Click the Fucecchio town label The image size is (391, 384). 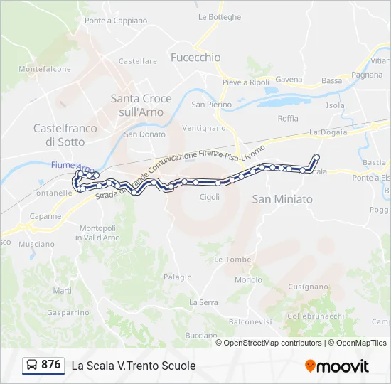pos(195,58)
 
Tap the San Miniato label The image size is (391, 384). pos(282,200)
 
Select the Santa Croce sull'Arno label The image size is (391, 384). pos(137,105)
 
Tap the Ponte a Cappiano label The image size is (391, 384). pos(116,21)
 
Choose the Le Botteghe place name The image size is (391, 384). pos(220,17)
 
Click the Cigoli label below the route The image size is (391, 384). pos(210,197)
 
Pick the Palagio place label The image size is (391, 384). pos(178,277)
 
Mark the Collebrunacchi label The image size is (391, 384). pos(316,315)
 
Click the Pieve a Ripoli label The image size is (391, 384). pos(245,82)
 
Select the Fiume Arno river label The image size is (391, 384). pos(73,166)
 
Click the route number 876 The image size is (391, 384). pos(50,365)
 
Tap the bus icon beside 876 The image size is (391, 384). pos(32,366)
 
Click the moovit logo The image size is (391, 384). pos(337,366)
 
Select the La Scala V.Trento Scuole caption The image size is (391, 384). pos(133,366)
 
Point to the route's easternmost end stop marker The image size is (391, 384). pos(316,156)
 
